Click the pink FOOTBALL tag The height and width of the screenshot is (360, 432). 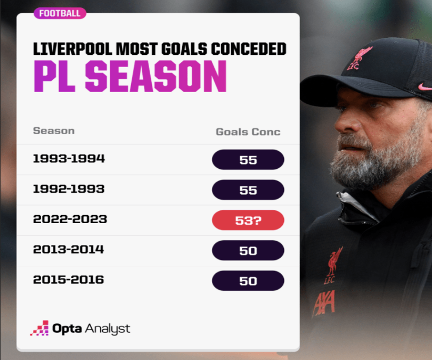click(x=60, y=13)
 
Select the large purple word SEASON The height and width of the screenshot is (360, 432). click(x=156, y=77)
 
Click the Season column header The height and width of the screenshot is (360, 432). click(x=54, y=130)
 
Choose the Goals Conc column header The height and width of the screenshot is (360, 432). click(x=248, y=132)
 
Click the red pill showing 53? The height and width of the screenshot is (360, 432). click(x=248, y=220)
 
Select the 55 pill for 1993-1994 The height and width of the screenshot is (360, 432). click(x=248, y=160)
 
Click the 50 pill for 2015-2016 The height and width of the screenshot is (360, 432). click(x=248, y=281)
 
